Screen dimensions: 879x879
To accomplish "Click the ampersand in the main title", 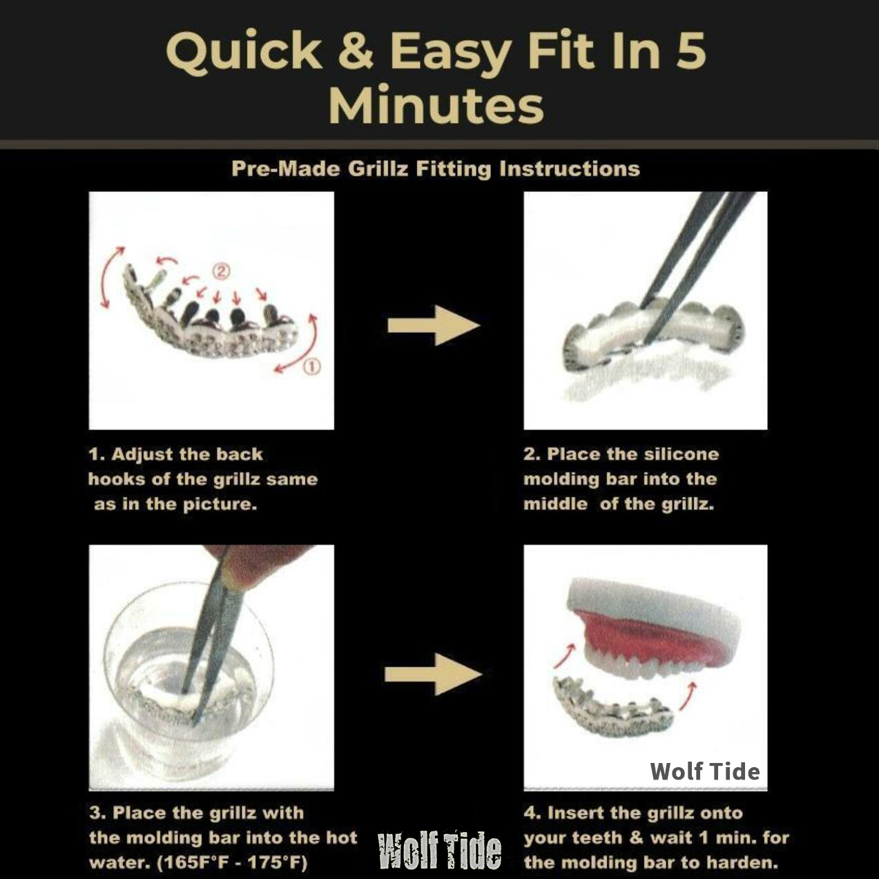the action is point(356,50).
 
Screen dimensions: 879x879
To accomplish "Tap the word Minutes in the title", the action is point(436,106).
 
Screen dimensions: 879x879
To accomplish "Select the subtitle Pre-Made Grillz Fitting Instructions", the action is point(436,169).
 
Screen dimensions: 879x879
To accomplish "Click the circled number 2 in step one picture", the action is point(220,271).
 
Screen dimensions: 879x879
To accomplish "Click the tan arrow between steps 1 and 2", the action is point(434,325).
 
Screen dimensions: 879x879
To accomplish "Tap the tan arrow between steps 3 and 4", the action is point(432,674).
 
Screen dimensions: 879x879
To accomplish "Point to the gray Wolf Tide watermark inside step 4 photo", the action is point(705,771).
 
